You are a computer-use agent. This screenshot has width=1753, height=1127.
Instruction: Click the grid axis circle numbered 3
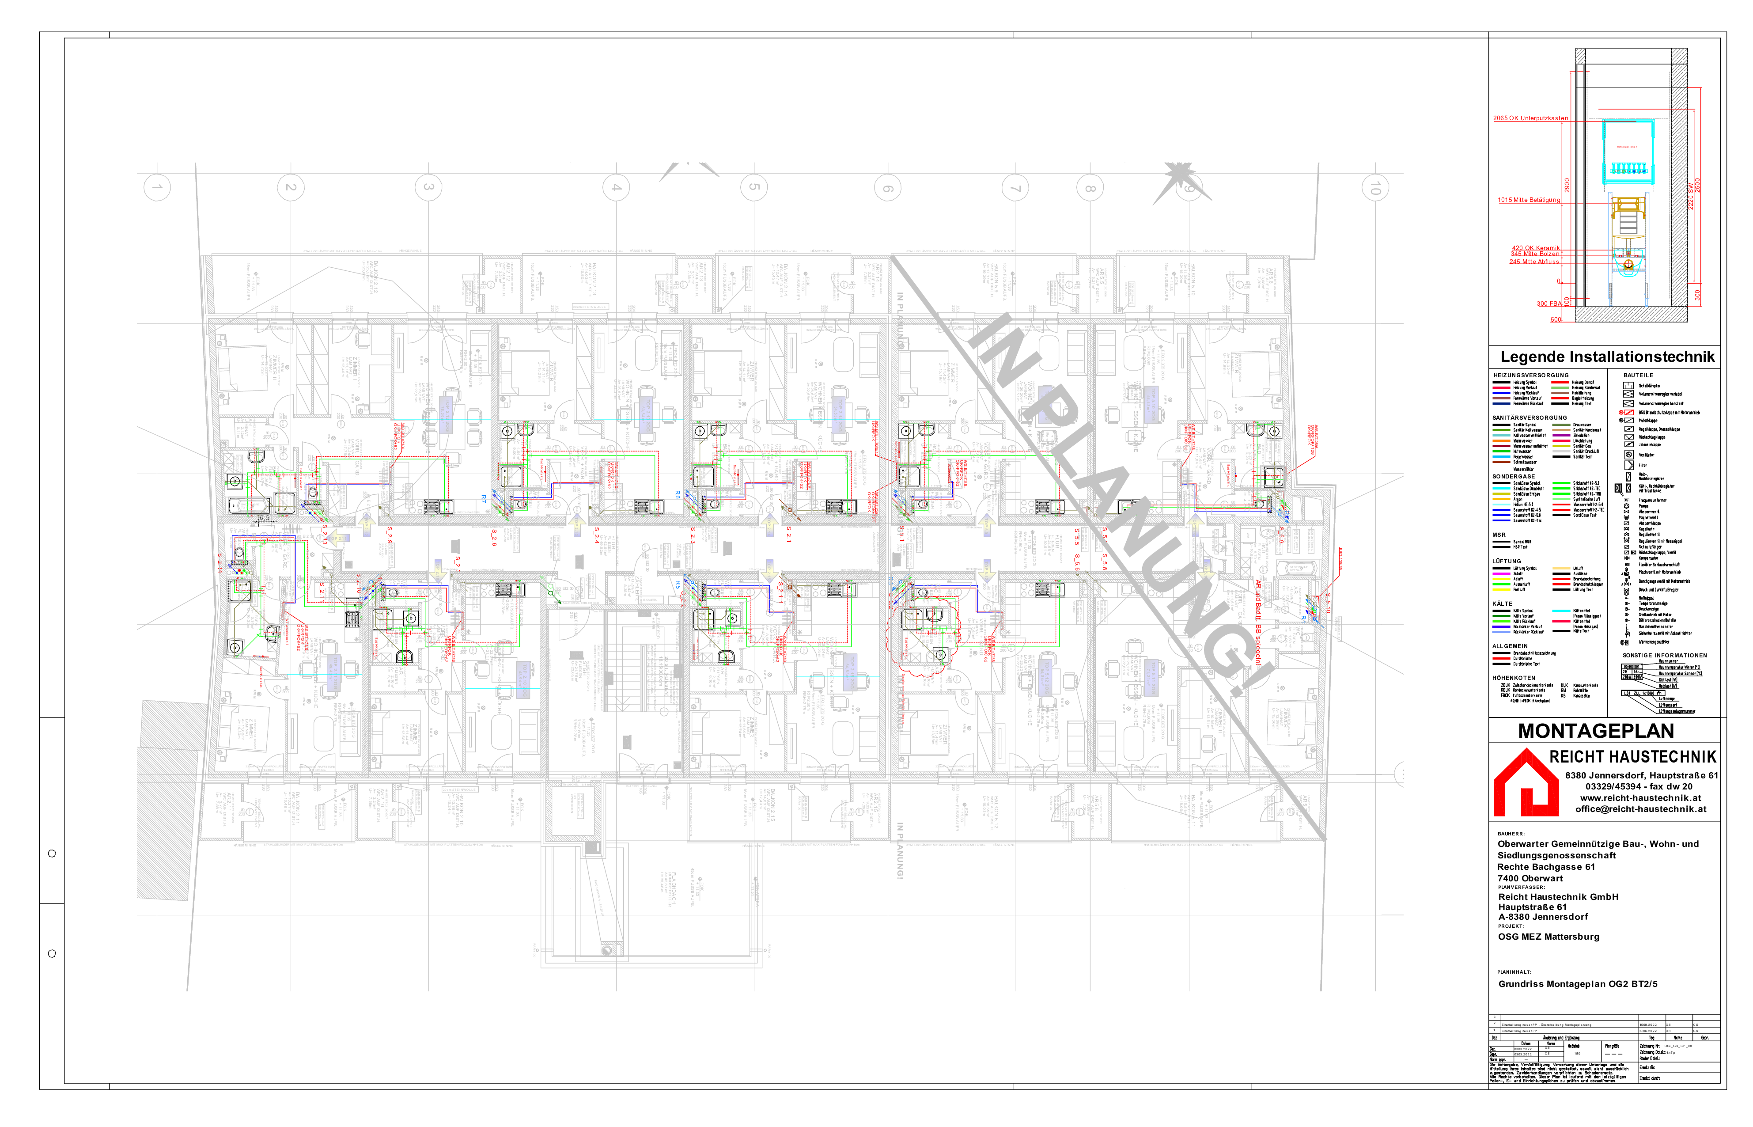pos(428,187)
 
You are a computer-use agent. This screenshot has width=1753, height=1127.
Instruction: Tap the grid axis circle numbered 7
pos(1015,188)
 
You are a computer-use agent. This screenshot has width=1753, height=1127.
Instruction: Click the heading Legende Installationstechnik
pos(1607,357)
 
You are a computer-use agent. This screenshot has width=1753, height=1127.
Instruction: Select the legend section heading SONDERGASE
pos(1514,476)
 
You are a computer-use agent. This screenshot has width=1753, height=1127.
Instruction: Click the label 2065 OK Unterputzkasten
pos(1530,118)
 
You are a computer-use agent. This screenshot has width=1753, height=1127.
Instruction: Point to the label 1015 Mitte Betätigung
pos(1528,200)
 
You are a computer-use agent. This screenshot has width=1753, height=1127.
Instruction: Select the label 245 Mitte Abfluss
pos(1533,261)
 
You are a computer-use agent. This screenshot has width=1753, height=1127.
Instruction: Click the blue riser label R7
pos(484,498)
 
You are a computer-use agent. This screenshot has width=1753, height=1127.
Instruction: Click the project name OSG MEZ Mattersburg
pos(1548,937)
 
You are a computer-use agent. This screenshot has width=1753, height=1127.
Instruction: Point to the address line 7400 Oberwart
pos(1530,878)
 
